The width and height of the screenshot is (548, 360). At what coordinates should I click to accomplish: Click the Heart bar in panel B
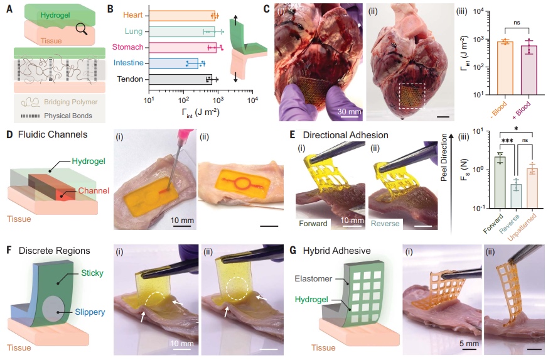pyautogui.click(x=182, y=14)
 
